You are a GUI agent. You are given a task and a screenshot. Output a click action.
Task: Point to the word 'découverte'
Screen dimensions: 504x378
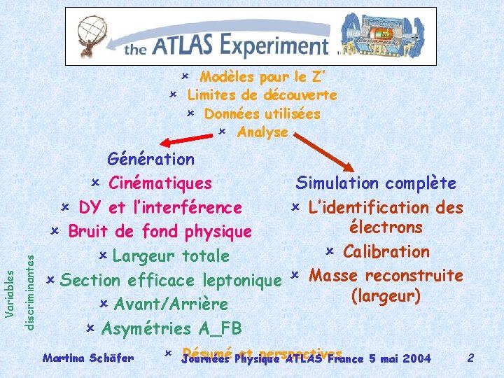(300, 95)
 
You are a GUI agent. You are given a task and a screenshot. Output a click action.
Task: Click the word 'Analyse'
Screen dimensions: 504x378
(262, 132)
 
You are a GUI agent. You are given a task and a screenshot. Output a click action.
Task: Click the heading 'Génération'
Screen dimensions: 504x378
(150, 160)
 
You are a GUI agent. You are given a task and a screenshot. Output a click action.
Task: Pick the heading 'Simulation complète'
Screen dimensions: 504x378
(376, 183)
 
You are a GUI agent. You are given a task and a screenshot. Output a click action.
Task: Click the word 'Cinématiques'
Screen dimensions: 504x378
(160, 183)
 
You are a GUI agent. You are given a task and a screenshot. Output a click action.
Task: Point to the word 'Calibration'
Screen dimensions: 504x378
(386, 251)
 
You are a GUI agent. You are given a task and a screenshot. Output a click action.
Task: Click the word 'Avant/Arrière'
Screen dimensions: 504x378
(171, 304)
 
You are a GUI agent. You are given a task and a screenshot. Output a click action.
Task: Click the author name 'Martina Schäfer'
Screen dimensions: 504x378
(88, 358)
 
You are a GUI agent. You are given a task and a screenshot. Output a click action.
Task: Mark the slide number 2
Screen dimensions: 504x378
(471, 358)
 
